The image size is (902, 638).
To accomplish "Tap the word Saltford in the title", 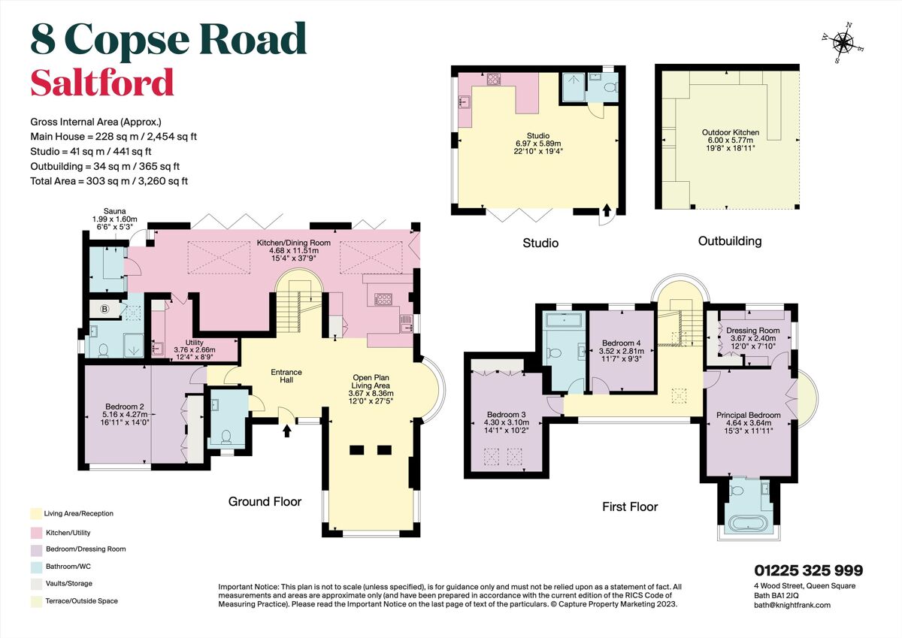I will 102,82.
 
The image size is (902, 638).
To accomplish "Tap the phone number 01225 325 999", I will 808,571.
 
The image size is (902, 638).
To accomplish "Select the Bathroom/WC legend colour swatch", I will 37,567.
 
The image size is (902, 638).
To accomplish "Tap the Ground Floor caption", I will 265,502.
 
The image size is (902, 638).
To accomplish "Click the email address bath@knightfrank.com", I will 792,605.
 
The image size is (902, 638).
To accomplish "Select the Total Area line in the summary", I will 109,181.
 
